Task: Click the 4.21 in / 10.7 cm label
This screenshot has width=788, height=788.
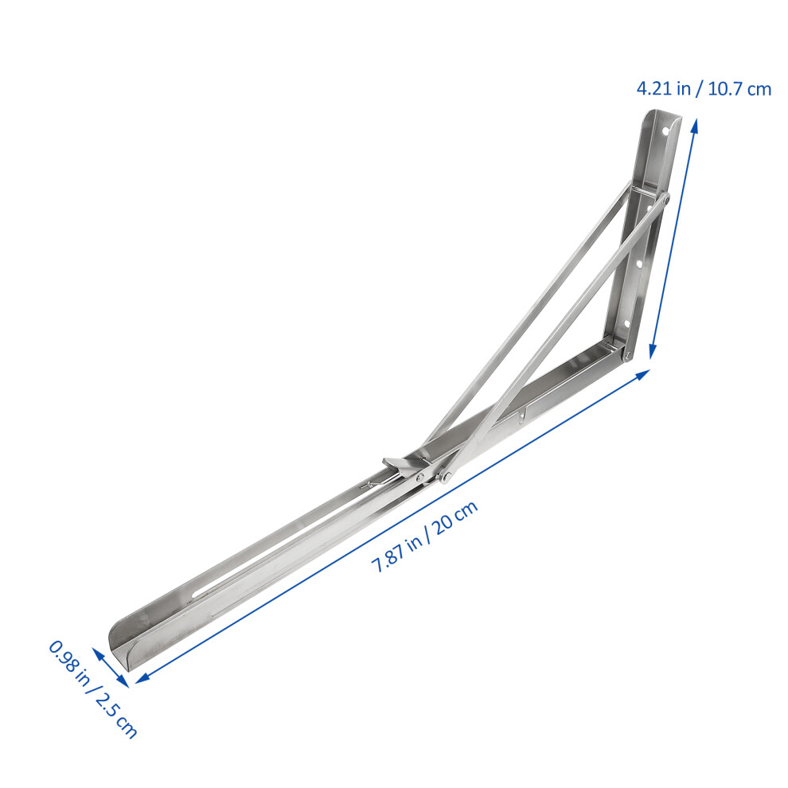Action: click(x=704, y=89)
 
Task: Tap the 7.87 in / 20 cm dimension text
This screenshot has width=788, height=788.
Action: click(x=425, y=536)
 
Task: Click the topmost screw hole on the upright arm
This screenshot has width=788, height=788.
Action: click(x=666, y=131)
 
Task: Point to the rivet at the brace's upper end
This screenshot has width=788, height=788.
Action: click(x=665, y=198)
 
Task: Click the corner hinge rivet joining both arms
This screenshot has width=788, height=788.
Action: click(x=627, y=355)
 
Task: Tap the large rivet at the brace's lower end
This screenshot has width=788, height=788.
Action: click(x=444, y=477)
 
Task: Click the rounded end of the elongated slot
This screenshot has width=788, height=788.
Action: click(x=196, y=595)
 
